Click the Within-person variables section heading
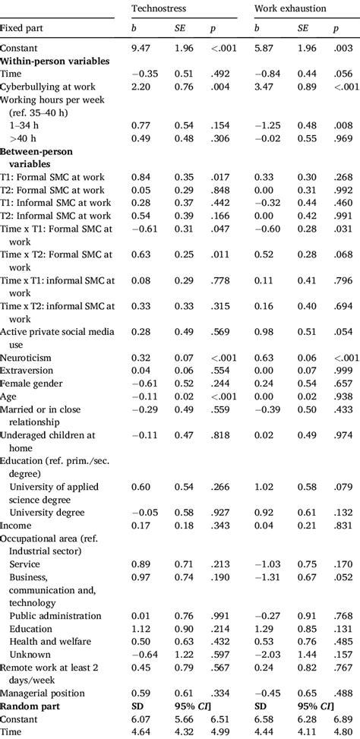pos(54,60)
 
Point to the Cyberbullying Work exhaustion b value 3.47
pos(263,87)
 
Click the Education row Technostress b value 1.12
pos(141,629)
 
